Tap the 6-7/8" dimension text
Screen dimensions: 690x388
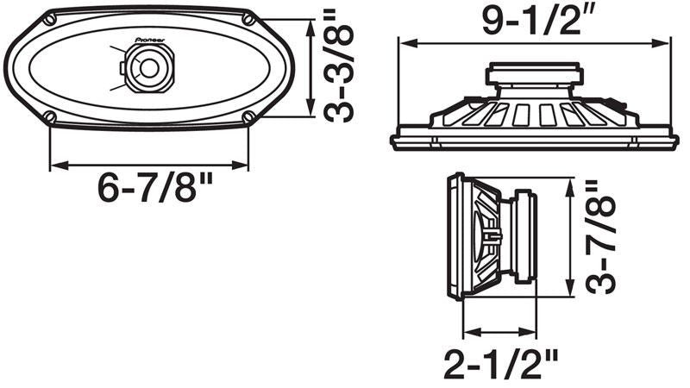[x=155, y=187]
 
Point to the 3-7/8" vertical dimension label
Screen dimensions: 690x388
[x=600, y=239]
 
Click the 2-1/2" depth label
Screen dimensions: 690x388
[x=501, y=363]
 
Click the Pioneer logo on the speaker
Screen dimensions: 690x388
[x=149, y=40]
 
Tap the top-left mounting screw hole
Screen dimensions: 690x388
[x=50, y=19]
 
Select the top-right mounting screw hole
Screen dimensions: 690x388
[x=248, y=19]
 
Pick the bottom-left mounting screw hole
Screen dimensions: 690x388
[x=50, y=117]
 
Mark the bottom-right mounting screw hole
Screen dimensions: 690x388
[x=248, y=117]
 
